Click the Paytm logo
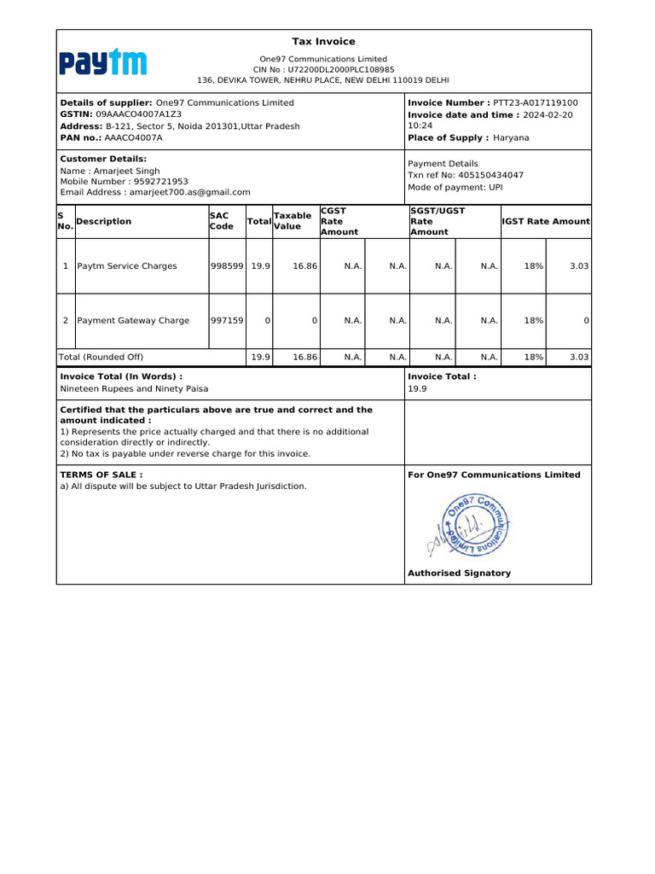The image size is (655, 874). click(102, 62)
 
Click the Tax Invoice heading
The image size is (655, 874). click(323, 42)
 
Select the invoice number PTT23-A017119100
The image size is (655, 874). click(535, 102)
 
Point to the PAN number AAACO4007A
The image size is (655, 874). click(133, 137)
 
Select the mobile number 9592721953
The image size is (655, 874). click(155, 182)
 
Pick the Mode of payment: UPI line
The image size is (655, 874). click(455, 187)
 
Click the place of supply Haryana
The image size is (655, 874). click(511, 137)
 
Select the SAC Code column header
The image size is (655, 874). click(222, 221)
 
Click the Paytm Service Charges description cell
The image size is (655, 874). click(127, 266)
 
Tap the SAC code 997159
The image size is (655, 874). click(227, 321)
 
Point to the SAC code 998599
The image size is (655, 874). click(227, 266)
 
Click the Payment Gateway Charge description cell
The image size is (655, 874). click(133, 321)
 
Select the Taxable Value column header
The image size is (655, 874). click(292, 221)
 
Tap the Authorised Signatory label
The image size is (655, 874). click(459, 574)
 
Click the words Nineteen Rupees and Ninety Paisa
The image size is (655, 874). click(134, 388)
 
